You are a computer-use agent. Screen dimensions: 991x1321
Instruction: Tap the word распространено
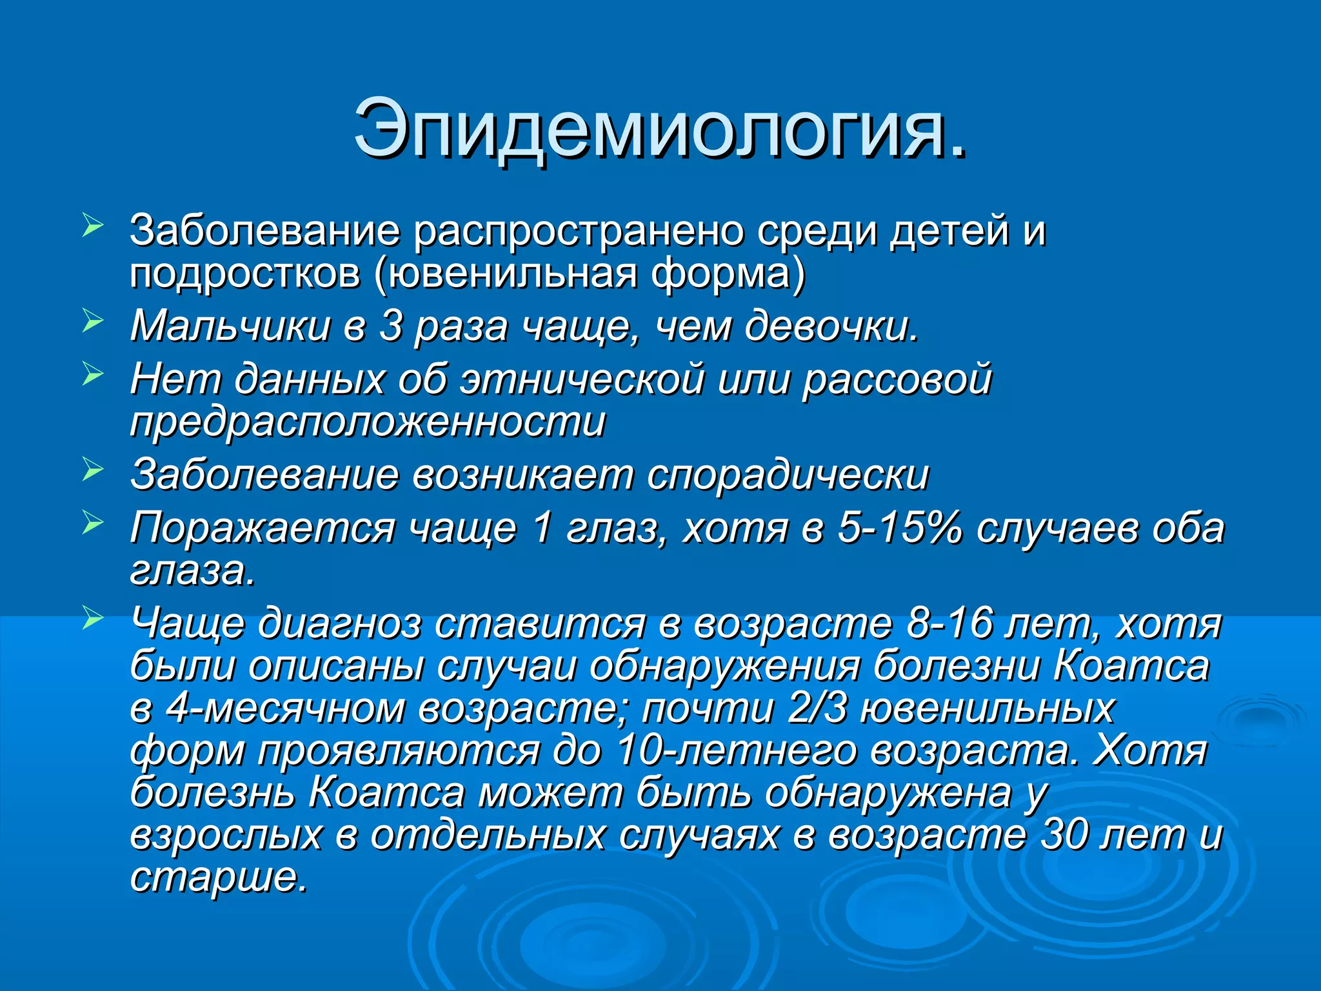click(578, 230)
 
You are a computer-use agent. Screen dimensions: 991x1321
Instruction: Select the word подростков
click(244, 274)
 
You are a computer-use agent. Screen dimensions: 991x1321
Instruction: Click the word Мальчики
click(230, 326)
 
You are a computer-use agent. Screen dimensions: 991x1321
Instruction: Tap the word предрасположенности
click(368, 423)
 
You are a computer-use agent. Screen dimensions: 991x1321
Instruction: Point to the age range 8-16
click(949, 624)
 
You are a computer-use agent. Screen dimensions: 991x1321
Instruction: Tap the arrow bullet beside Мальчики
click(93, 321)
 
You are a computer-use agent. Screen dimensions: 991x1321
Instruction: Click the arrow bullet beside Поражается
click(93, 523)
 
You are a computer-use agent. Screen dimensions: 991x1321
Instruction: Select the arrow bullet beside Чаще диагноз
click(93, 619)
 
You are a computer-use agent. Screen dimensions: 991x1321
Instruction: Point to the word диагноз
click(339, 624)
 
